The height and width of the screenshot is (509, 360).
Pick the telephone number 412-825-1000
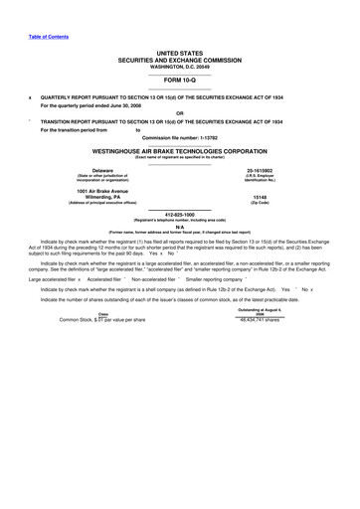pyautogui.click(x=179, y=213)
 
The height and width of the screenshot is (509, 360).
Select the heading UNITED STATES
pyautogui.click(x=179, y=49)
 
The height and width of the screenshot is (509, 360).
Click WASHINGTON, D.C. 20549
pyautogui.click(x=179, y=63)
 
